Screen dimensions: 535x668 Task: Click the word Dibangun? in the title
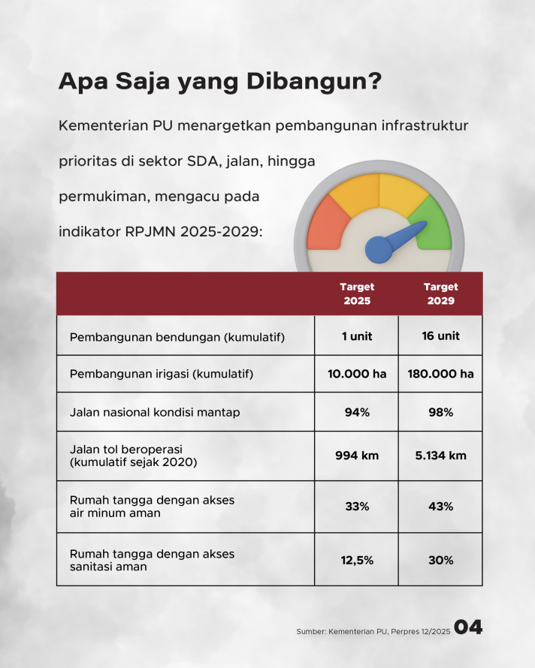pyautogui.click(x=314, y=81)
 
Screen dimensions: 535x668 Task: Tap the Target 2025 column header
pyautogui.click(x=357, y=293)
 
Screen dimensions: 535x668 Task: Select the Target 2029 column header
pyautogui.click(x=441, y=293)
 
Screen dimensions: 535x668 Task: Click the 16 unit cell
pyautogui.click(x=441, y=336)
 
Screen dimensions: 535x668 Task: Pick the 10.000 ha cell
pyautogui.click(x=357, y=374)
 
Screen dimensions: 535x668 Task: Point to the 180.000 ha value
pyautogui.click(x=441, y=374)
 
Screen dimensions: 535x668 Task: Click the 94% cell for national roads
pyautogui.click(x=357, y=412)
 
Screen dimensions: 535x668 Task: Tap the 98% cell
pyautogui.click(x=441, y=412)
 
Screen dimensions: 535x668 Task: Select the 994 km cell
pyautogui.click(x=357, y=456)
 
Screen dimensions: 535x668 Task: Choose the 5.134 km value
pyautogui.click(x=441, y=456)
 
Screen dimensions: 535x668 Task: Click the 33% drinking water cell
pyautogui.click(x=357, y=506)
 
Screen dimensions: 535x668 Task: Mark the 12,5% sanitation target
pyautogui.click(x=357, y=560)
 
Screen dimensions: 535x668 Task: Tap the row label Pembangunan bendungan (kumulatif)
pyautogui.click(x=177, y=337)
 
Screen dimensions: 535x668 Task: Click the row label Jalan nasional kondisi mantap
pyautogui.click(x=155, y=412)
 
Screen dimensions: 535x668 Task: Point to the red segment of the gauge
pyautogui.click(x=326, y=224)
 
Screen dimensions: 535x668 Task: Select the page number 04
pyautogui.click(x=468, y=627)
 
